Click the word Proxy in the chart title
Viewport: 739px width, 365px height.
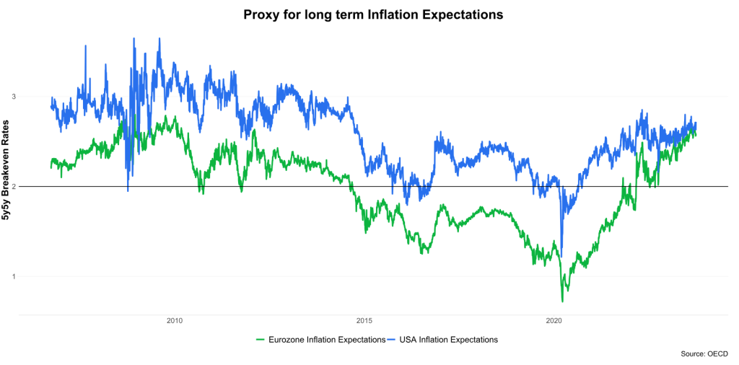pos(261,14)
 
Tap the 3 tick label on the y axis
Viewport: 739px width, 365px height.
pos(12,97)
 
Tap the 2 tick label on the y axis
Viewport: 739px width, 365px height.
pos(12,186)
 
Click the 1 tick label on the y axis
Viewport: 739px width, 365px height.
pos(12,276)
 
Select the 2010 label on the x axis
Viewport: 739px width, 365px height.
pos(174,322)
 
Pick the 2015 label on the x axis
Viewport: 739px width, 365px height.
pos(364,322)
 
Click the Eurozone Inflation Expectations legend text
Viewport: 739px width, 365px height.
pos(327,339)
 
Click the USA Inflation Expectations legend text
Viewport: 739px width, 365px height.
pos(452,339)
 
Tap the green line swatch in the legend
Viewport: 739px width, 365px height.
pos(261,339)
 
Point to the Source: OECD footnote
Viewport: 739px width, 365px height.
pos(704,354)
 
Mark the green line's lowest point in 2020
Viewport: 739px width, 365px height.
pos(562,301)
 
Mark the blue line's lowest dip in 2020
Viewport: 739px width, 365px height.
pos(561,246)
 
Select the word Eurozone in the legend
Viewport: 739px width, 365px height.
pos(287,339)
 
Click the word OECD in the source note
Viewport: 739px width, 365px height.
pos(717,354)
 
